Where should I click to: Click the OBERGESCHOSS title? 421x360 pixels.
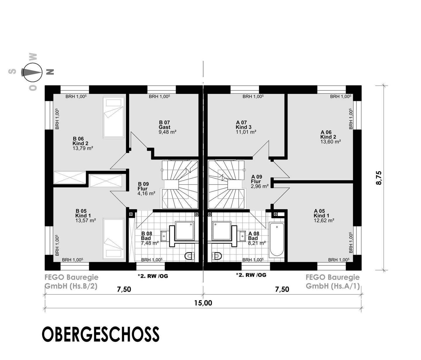pos(101,334)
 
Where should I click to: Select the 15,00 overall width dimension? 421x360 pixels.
pos(203,303)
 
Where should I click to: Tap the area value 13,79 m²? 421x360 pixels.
pos(83,148)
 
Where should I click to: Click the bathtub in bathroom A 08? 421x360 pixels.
pos(276,240)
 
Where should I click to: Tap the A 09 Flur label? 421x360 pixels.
pos(257,179)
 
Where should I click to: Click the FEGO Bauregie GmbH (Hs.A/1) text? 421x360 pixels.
pos(333,282)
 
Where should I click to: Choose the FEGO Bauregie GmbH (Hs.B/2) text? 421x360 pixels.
pos(71,282)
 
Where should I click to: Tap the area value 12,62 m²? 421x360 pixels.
pos(324,220)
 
